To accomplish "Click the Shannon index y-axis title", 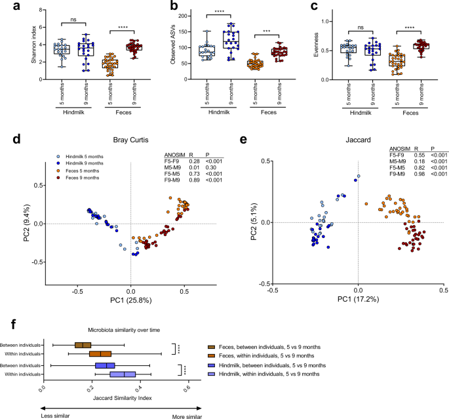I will (9, 45).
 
